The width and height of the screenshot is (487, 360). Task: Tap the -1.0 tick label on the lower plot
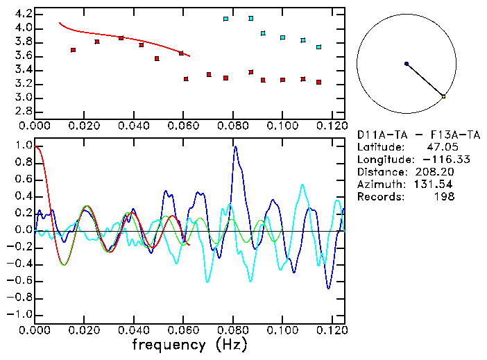pyautogui.click(x=20, y=314)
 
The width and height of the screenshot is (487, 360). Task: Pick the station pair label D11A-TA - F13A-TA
pyautogui.click(x=418, y=135)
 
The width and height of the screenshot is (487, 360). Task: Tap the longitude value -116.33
pyautogui.click(x=437, y=160)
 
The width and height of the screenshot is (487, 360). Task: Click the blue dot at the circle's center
pyautogui.click(x=407, y=64)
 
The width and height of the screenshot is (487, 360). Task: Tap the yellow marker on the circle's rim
pyautogui.click(x=443, y=96)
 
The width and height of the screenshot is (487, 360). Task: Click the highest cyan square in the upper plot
pyautogui.click(x=250, y=18)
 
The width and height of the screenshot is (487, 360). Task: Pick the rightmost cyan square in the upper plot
pyautogui.click(x=318, y=47)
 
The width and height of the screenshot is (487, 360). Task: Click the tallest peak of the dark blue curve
pyautogui.click(x=236, y=147)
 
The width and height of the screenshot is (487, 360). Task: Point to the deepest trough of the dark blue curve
pyautogui.click(x=329, y=288)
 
